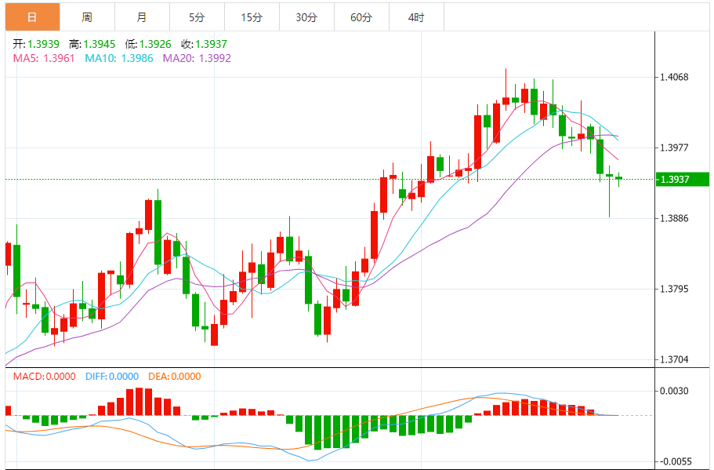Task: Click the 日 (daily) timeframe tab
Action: click(31, 16)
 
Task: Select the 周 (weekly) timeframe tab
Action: click(86, 16)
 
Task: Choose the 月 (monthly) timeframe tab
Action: click(141, 16)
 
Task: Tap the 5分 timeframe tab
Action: click(196, 16)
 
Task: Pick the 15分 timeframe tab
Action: click(252, 16)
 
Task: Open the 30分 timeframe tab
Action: click(306, 16)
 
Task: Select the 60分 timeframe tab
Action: click(361, 16)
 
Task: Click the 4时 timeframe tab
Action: click(416, 16)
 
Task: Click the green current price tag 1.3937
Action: click(681, 180)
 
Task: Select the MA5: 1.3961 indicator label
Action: click(44, 58)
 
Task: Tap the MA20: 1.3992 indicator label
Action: click(197, 58)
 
